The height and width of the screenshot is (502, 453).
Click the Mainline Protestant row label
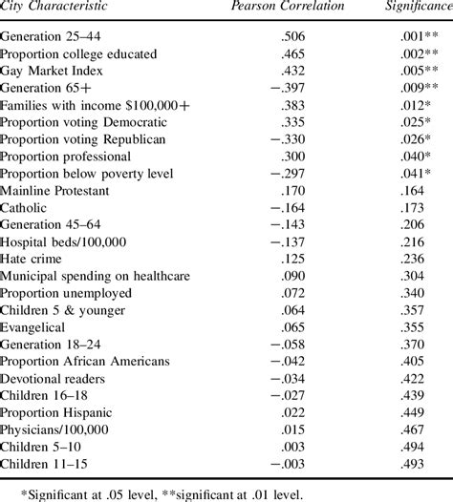click(58, 190)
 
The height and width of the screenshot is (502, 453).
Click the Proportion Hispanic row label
click(60, 412)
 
